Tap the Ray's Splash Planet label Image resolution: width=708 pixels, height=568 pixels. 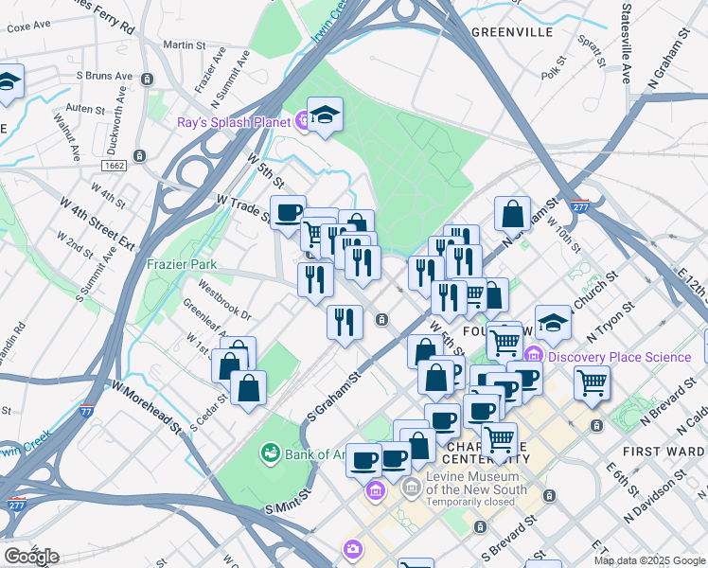233,121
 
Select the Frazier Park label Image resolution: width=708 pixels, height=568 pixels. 182,265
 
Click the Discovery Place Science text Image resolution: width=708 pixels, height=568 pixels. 620,357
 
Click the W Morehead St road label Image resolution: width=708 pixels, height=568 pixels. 147,406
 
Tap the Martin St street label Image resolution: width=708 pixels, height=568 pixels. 184,44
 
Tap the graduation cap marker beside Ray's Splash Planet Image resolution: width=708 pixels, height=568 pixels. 325,115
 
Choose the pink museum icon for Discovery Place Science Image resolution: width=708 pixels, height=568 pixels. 534,357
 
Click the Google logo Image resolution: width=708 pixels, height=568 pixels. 31,557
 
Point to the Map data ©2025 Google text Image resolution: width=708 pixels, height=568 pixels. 649,560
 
